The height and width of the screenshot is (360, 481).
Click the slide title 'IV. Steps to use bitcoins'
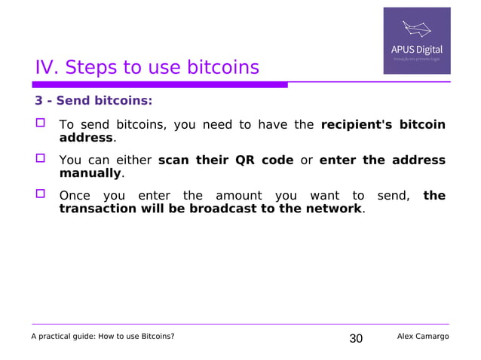pyautogui.click(x=147, y=68)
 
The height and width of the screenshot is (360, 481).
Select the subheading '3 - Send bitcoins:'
pyautogui.click(x=93, y=100)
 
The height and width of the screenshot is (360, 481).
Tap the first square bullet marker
pyautogui.click(x=41, y=124)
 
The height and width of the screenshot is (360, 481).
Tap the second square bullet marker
pyautogui.click(x=41, y=159)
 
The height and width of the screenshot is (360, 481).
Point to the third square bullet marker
pyautogui.click(x=41, y=195)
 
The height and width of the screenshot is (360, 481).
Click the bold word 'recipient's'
pyautogui.click(x=356, y=125)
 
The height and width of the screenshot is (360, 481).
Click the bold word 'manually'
pyautogui.click(x=90, y=173)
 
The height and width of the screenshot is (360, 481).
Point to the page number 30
pyautogui.click(x=356, y=338)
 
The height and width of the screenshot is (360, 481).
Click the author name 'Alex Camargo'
pyautogui.click(x=422, y=336)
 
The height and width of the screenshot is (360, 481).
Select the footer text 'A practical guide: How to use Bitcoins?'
pyautogui.click(x=103, y=336)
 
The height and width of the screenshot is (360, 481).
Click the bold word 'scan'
pyautogui.click(x=174, y=160)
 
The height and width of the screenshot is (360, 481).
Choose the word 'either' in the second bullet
pyautogui.click(x=133, y=160)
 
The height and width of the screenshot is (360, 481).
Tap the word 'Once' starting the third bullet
pyautogui.click(x=75, y=196)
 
